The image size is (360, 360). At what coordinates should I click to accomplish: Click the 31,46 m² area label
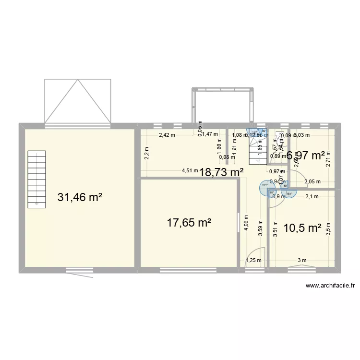pos(80,197)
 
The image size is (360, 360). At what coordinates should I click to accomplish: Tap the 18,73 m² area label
pos(221,172)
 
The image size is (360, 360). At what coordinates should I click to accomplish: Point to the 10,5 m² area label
pos(302,228)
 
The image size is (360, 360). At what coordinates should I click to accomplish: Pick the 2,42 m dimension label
pos(168,135)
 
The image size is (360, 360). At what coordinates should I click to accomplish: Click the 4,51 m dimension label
pos(190,170)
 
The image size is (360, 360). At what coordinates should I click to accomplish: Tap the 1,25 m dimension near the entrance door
pos(253,261)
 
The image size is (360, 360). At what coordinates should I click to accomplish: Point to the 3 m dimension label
pos(301,261)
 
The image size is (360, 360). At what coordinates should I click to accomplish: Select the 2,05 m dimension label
pos(312,181)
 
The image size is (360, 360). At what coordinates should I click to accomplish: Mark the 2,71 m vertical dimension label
pos(328,158)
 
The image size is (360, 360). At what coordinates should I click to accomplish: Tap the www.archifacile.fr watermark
pos(330,286)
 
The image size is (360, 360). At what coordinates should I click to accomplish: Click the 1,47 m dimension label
pos(209,135)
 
